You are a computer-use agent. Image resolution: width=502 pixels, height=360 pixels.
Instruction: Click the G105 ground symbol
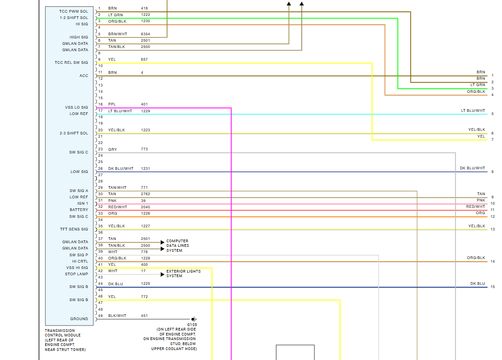coord(193,319)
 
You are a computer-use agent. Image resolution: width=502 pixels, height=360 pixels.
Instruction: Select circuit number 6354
coord(145,34)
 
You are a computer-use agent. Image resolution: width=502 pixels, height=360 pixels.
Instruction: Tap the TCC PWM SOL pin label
coord(73,11)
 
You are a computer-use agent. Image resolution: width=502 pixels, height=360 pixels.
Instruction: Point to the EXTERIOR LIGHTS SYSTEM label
coord(183,274)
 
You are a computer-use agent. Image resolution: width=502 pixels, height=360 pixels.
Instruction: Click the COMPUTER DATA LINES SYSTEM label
coord(177,245)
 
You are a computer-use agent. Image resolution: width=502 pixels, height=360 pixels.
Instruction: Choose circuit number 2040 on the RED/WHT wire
coord(145,207)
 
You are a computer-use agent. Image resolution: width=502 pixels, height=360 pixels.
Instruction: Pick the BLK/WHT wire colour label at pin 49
coord(117,316)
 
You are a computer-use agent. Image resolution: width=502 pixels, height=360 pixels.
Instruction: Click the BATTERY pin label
coord(79,210)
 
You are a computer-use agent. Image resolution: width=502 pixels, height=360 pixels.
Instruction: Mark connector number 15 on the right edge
coord(492,287)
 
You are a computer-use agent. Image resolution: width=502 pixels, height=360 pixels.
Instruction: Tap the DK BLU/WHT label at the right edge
coord(472,168)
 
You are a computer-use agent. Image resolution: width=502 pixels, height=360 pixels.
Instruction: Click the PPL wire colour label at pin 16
coord(112,104)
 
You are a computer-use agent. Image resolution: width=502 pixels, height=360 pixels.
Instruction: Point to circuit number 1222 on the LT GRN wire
coord(145,15)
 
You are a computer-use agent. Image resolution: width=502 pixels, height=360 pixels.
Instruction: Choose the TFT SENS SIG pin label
coord(74,229)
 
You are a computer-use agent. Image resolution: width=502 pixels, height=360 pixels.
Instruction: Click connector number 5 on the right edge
coord(492,114)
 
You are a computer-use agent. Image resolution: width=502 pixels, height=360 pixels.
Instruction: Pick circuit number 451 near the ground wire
coord(144,316)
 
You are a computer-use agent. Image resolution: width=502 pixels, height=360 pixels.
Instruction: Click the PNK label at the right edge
coord(481,200)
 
